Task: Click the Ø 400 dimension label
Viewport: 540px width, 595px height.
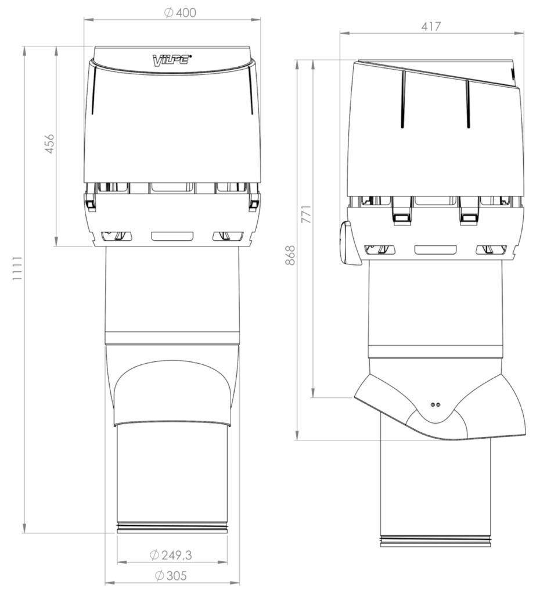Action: point(180,13)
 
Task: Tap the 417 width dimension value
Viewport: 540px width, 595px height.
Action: point(431,27)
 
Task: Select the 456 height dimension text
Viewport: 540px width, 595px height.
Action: point(50,144)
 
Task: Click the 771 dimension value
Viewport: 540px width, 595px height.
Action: point(306,214)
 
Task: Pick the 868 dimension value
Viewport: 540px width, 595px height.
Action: point(290,255)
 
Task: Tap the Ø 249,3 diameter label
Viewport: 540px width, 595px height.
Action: point(171,555)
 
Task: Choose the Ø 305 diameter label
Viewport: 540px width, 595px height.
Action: point(171,576)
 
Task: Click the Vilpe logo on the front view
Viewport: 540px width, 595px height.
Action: point(172,60)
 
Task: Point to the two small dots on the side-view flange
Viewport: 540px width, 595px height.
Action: point(435,405)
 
